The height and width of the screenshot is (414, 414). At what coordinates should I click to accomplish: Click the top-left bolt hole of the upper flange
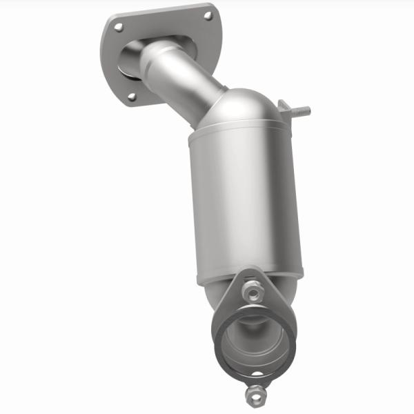tap(119, 27)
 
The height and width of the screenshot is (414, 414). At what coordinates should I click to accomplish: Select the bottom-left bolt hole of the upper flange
tap(132, 97)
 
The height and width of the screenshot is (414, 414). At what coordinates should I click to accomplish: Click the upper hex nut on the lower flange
tap(255, 293)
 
